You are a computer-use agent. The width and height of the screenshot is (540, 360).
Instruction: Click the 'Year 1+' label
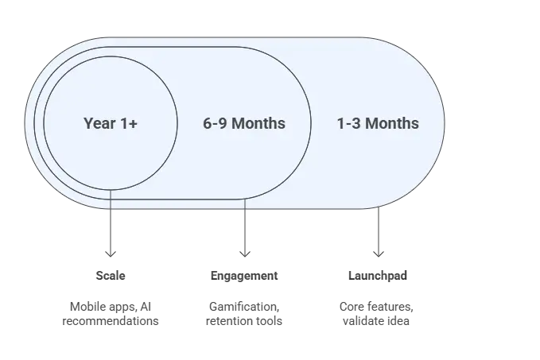pos(111,123)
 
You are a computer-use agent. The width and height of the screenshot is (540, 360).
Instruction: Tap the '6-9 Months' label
pos(244,123)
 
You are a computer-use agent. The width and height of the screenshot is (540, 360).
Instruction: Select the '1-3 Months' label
pos(378,123)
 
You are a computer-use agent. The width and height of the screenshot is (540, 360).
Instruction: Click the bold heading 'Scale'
pos(111,276)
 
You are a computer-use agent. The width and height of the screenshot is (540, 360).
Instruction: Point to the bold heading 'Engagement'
pos(244,276)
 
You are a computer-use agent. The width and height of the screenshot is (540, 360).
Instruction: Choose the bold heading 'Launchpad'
pos(378,276)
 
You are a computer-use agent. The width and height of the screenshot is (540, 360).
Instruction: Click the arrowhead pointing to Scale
pos(111,254)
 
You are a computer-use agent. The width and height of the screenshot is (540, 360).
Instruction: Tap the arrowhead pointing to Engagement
pos(245,254)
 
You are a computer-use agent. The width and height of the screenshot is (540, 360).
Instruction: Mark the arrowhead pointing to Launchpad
pos(379,254)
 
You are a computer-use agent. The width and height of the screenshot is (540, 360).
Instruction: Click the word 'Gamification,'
pos(244,307)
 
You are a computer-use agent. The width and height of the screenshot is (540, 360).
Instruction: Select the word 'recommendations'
pos(111,321)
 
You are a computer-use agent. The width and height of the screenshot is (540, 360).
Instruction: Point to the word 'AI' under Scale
pos(146,307)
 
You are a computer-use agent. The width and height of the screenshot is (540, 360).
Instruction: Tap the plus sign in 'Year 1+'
pos(134,124)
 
